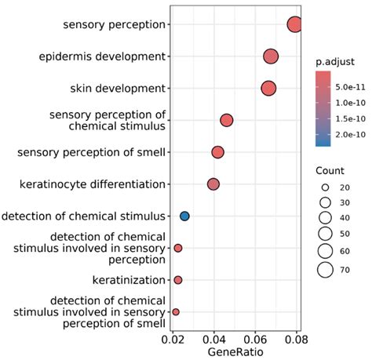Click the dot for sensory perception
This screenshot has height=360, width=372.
coord(295,24)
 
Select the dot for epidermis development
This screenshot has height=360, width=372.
coord(271,56)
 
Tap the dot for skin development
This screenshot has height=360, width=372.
coord(268,89)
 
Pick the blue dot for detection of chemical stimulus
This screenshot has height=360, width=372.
coord(184,216)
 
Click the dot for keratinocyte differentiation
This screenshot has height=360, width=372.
coord(213,184)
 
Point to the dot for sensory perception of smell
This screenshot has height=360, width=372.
coord(217,152)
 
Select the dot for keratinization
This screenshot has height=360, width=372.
coord(178,280)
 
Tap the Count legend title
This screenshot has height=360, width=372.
coord(330,171)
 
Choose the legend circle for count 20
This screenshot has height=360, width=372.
coord(323,188)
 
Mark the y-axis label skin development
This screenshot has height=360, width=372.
coord(114,89)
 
